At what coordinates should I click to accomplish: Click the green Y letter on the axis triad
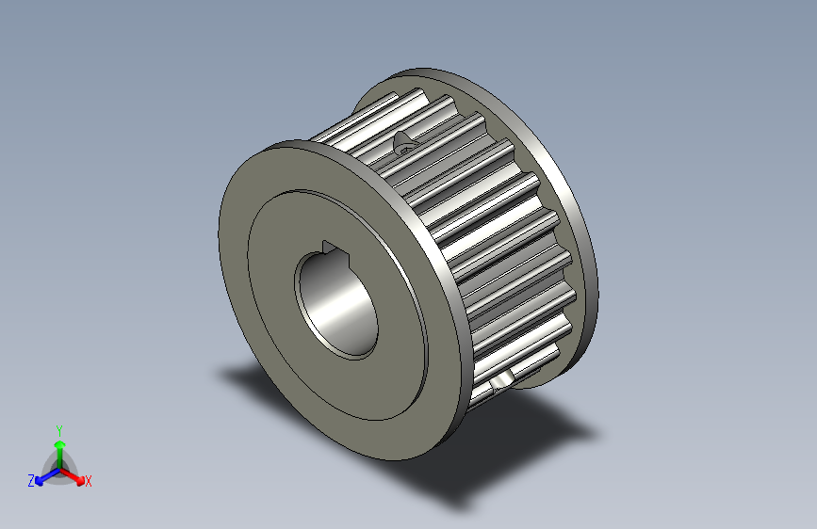[58, 428]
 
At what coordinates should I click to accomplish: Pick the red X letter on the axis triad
[89, 482]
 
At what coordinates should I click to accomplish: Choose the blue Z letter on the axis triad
[31, 480]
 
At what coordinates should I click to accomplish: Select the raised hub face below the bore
[368, 386]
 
